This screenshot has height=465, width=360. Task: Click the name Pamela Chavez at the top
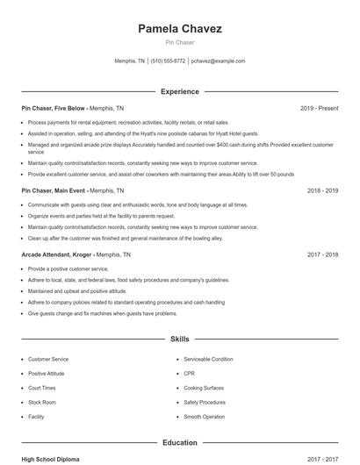(179, 29)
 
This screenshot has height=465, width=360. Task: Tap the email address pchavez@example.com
(218, 61)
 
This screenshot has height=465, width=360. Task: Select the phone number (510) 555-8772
(168, 61)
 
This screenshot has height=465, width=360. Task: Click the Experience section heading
(180, 91)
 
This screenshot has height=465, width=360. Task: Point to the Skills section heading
(180, 338)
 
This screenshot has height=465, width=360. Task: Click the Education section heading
(180, 443)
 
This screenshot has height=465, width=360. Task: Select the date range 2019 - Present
(319, 108)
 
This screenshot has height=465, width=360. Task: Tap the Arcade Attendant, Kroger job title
(54, 254)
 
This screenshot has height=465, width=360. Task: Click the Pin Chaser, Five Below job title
(53, 108)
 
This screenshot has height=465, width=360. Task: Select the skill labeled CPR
(190, 373)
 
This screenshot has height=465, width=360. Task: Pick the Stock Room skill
(42, 402)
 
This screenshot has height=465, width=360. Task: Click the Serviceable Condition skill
(208, 359)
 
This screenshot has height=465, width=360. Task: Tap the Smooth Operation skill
(204, 417)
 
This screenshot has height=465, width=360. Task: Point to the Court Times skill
(42, 388)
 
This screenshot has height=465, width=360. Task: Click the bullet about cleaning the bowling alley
(125, 238)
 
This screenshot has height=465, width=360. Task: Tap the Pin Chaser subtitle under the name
(179, 42)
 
